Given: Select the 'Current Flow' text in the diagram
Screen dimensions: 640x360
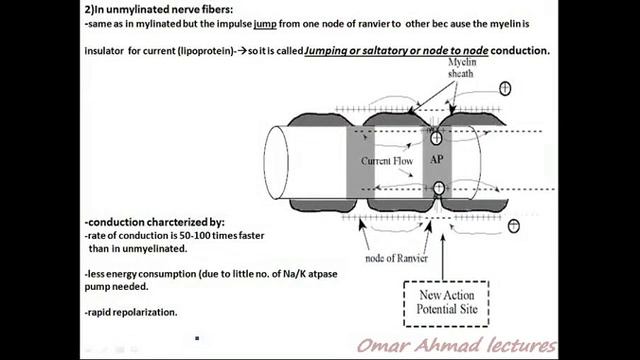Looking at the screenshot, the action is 387,160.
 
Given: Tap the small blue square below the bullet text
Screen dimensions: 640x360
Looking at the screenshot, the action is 197,338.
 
